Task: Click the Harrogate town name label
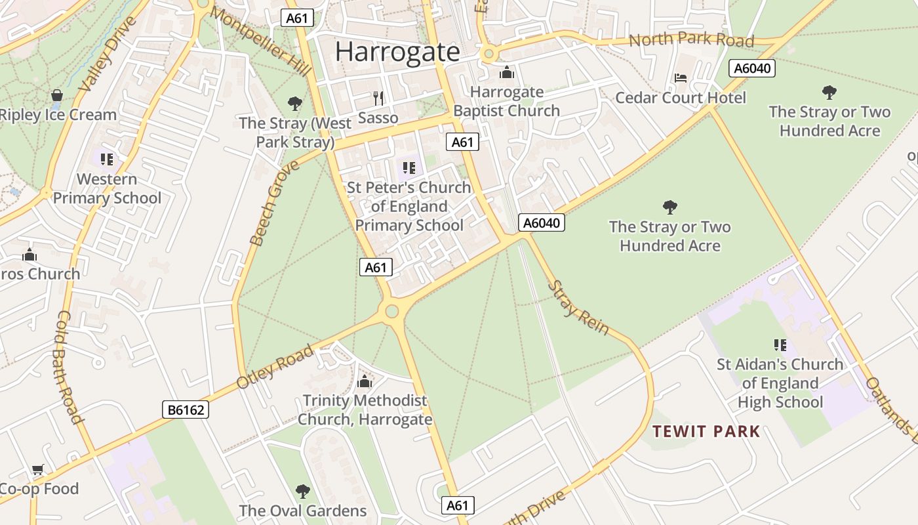click(397, 52)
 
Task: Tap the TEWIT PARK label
click(706, 431)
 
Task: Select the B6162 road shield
click(186, 410)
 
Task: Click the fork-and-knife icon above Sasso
click(378, 98)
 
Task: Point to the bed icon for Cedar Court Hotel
click(681, 78)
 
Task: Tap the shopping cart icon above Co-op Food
click(38, 470)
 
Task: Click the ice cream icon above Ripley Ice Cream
click(57, 96)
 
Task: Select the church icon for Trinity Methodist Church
click(365, 381)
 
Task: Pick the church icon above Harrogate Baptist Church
click(507, 72)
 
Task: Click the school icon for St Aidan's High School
click(780, 345)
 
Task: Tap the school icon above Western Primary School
click(107, 159)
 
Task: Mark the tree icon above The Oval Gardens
click(302, 491)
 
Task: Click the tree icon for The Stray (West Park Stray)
click(295, 103)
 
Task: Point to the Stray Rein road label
click(578, 307)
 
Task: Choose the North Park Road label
click(691, 39)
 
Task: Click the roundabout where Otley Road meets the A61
click(392, 311)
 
